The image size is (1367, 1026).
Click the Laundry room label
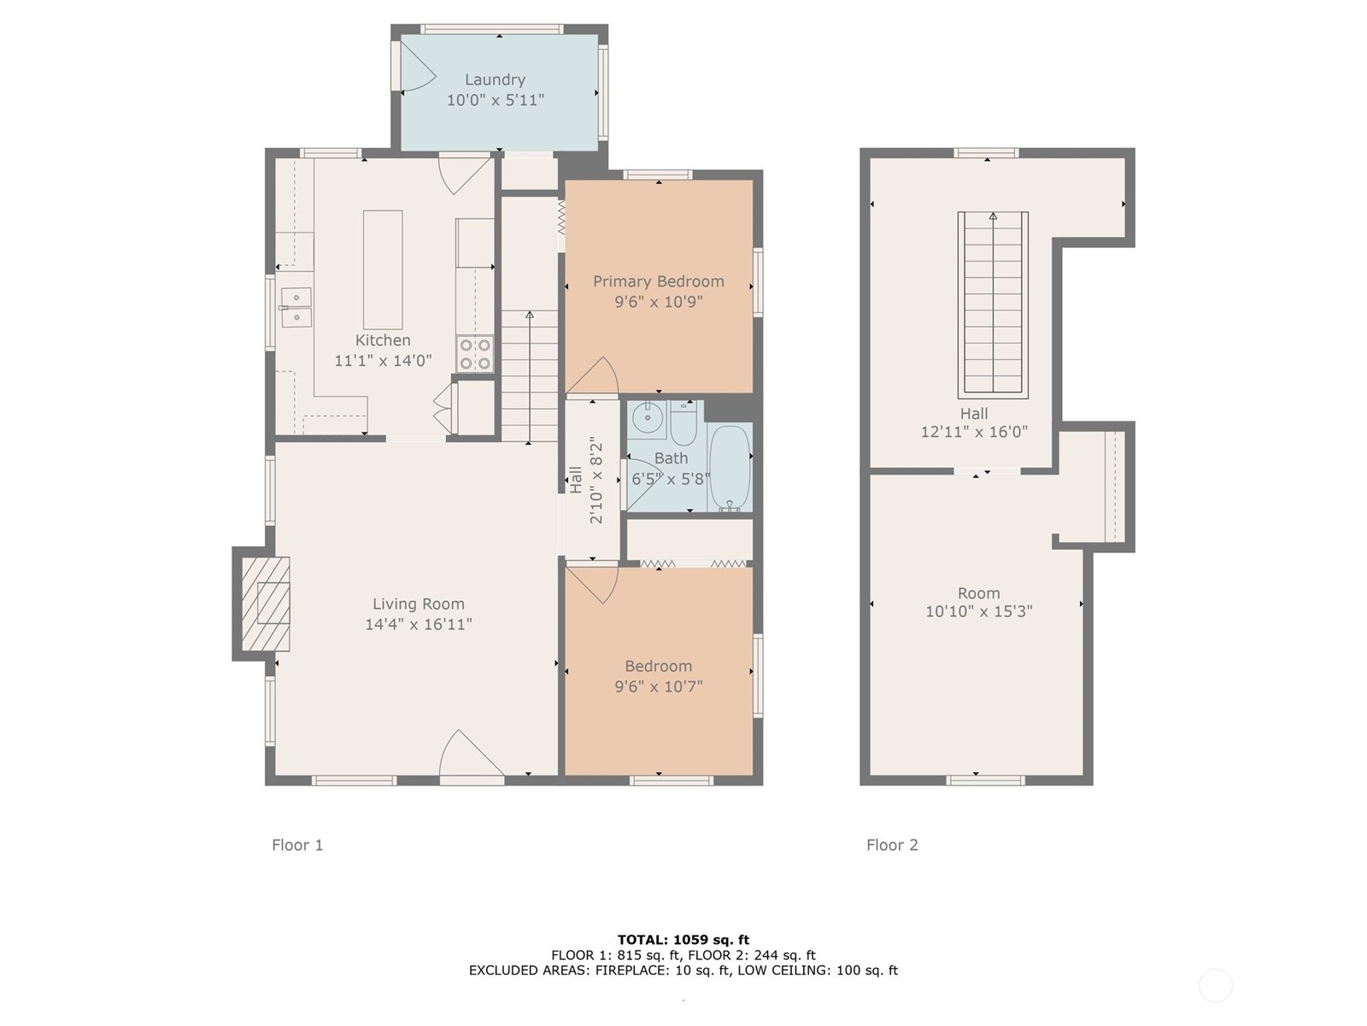click(x=495, y=80)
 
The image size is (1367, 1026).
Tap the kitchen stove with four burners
click(x=475, y=354)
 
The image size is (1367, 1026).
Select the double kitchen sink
click(x=296, y=308)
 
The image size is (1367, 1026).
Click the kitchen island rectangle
click(x=383, y=269)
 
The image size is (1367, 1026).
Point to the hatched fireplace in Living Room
click(x=265, y=604)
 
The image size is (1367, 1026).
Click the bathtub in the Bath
click(x=730, y=468)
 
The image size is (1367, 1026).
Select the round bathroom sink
click(x=648, y=419)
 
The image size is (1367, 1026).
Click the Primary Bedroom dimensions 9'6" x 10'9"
click(x=658, y=302)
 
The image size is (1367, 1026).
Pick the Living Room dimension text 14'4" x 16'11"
click(x=418, y=624)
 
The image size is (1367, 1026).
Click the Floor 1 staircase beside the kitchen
click(x=530, y=376)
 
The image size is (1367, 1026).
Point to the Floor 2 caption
click(x=892, y=845)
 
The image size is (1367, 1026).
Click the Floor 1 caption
click(x=297, y=845)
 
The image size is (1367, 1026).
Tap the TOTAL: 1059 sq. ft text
click(x=683, y=940)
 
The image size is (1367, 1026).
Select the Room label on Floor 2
click(x=978, y=593)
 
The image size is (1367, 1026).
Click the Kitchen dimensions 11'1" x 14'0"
click(x=383, y=361)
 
